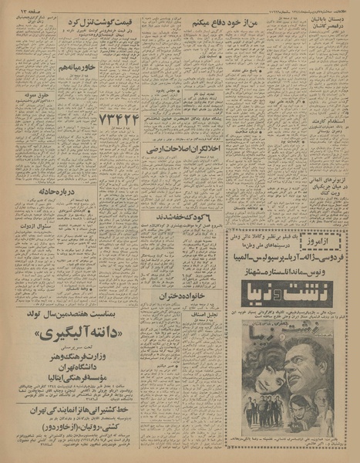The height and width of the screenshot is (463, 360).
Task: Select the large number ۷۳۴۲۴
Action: pyautogui.click(x=118, y=120)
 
